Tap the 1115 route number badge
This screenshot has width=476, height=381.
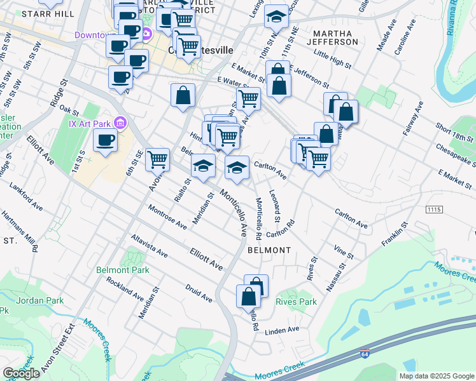434,209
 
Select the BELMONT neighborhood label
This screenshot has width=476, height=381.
269,250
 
